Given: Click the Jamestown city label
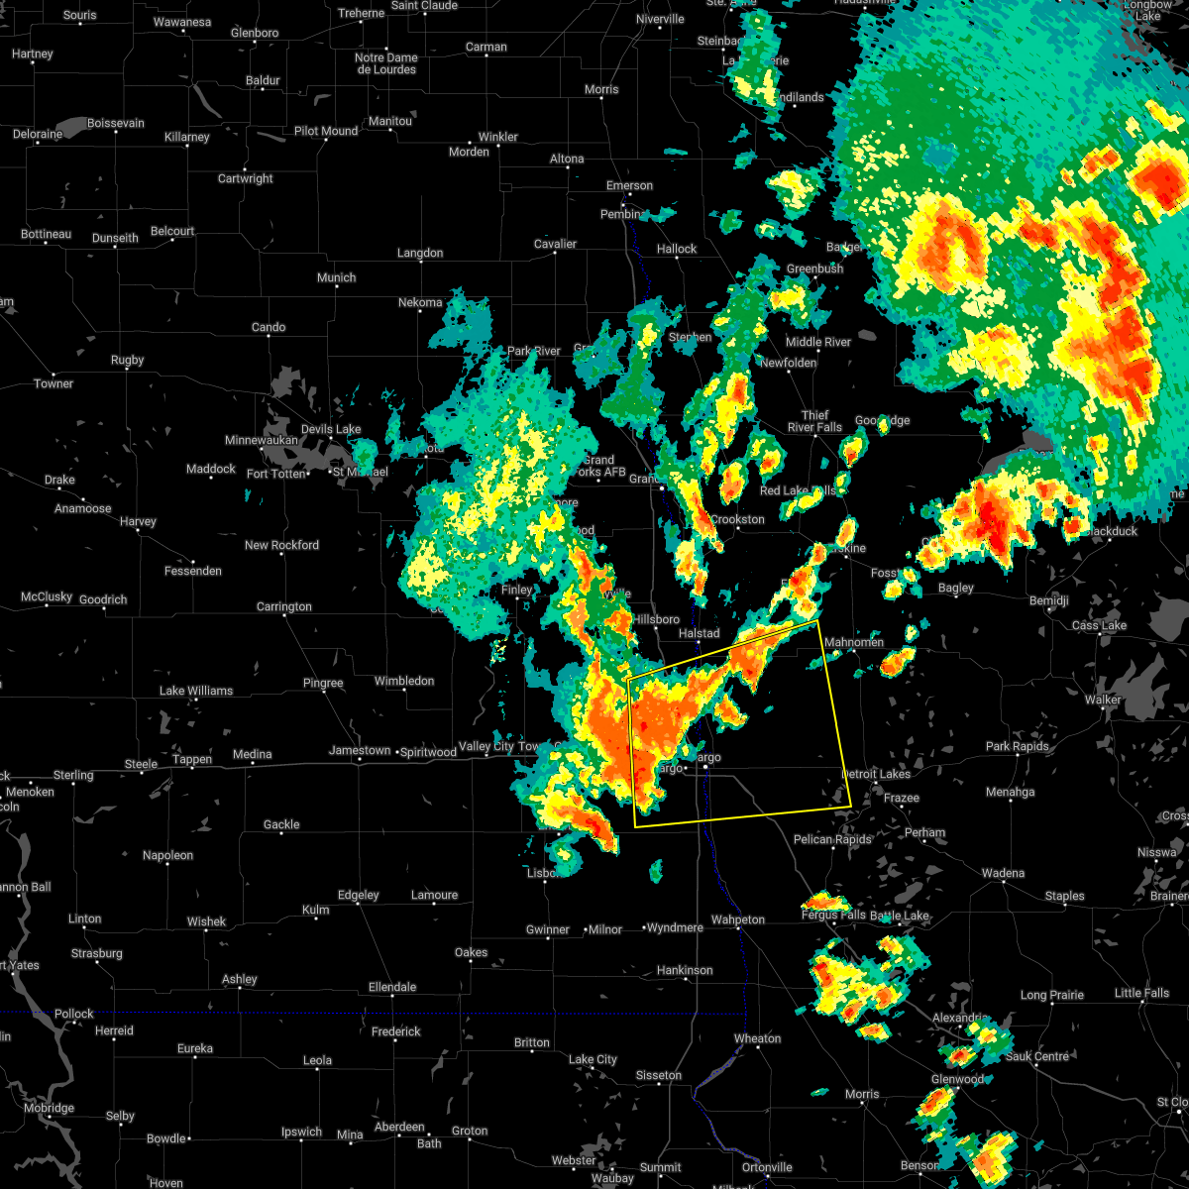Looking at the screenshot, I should click(359, 751).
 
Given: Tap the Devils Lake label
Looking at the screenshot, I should click(331, 429).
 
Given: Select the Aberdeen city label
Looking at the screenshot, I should click(398, 1128).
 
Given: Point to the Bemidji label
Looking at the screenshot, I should click(1048, 601).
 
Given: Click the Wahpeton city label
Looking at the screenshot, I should click(738, 919).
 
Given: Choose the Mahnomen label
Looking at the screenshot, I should click(854, 642).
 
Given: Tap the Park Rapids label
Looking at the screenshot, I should click(1018, 746).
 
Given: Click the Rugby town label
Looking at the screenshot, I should click(128, 361).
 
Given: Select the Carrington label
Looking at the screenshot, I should click(284, 606).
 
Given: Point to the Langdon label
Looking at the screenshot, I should click(420, 254).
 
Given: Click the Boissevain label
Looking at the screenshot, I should click(116, 124).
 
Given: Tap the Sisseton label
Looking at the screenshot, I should click(658, 1075).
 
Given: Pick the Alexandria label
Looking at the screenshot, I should click(959, 1019).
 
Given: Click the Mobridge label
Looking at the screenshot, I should click(49, 1108).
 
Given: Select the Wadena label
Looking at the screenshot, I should click(1003, 873).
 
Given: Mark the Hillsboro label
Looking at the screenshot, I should click(657, 619).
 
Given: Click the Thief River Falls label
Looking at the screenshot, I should click(814, 422).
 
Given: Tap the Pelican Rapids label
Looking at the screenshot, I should click(832, 839).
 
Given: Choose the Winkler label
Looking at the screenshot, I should click(497, 137).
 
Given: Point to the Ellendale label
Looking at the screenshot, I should click(392, 987).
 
